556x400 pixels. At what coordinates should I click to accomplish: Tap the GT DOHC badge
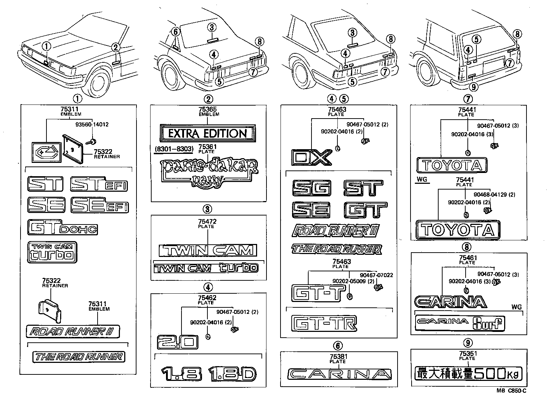click(x=62, y=228)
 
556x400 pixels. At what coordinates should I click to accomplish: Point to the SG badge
click(x=311, y=188)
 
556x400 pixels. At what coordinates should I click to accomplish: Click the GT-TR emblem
click(x=324, y=323)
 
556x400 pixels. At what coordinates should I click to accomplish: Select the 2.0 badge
click(x=178, y=342)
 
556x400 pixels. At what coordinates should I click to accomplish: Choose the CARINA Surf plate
click(x=460, y=323)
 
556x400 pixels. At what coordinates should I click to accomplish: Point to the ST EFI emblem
click(x=99, y=184)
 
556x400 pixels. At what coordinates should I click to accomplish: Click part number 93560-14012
click(x=92, y=125)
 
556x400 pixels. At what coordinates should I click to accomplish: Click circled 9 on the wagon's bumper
click(x=474, y=86)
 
